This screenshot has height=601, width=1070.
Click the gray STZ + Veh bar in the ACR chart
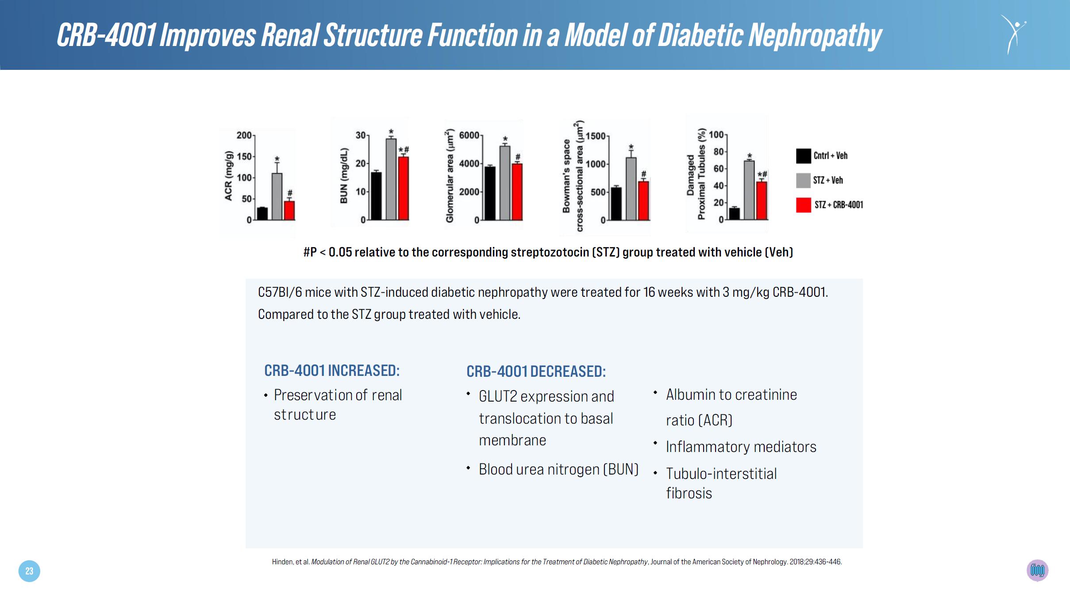(277, 196)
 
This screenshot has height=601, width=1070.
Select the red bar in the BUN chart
(403, 188)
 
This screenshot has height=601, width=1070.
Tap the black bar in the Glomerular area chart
(490, 193)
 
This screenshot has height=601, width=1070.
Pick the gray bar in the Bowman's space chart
(631, 189)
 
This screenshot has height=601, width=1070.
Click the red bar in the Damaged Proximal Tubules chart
(762, 201)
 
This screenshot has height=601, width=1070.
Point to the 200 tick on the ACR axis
(244, 135)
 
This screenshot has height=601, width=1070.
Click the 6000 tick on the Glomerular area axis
(469, 135)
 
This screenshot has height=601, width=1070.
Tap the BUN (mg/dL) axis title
(344, 176)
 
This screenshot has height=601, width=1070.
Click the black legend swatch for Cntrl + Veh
(804, 156)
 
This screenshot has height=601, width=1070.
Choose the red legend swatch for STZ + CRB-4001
(804, 205)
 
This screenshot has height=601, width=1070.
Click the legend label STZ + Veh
(828, 180)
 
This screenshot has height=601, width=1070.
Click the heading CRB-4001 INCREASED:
(332, 370)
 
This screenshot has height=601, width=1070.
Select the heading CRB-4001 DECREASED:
(536, 371)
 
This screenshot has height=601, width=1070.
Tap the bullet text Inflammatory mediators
(741, 447)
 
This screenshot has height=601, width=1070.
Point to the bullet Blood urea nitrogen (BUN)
(558, 469)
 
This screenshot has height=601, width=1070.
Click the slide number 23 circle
(29, 571)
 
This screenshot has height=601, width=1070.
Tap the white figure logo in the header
(1013, 34)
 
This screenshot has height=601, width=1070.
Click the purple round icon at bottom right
(1038, 570)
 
